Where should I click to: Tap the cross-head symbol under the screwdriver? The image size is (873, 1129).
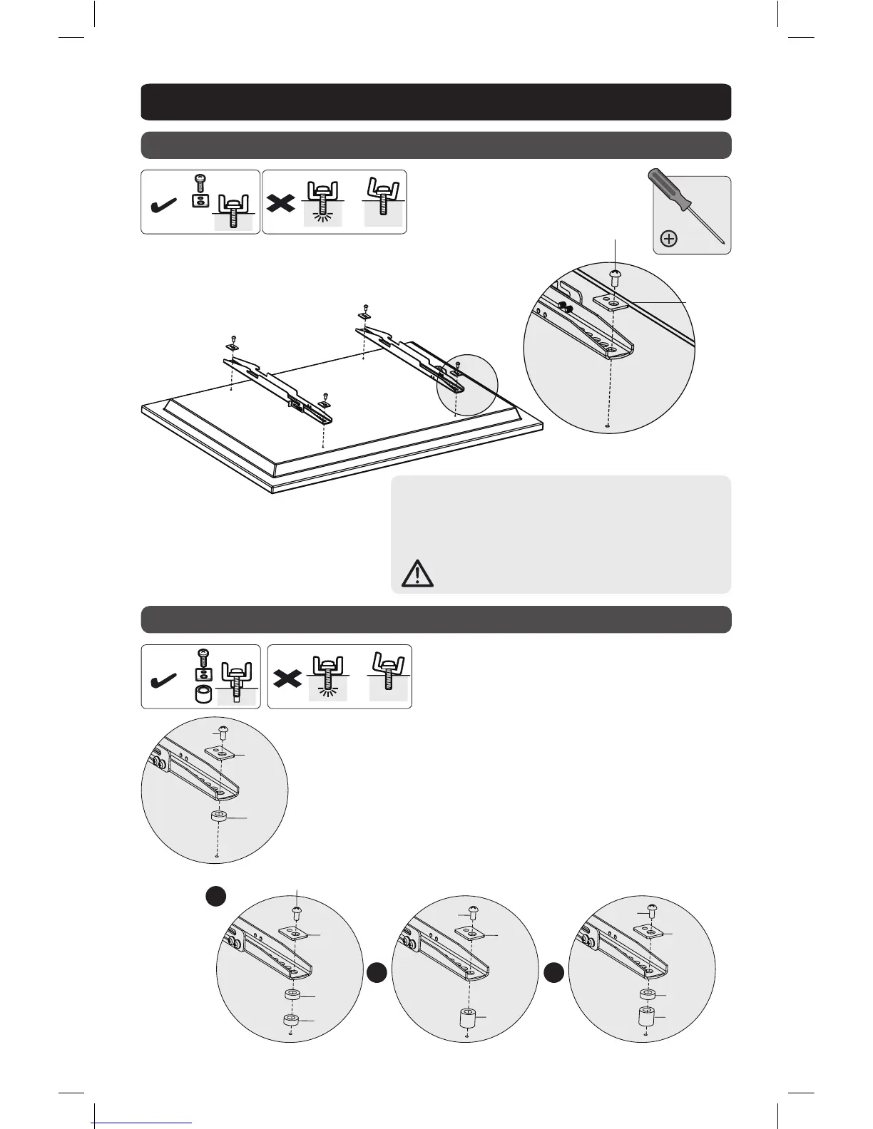click(x=669, y=239)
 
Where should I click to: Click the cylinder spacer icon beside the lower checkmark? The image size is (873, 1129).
click(x=203, y=696)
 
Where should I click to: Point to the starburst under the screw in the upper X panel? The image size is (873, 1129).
click(x=323, y=217)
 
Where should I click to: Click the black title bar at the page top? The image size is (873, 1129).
click(x=436, y=102)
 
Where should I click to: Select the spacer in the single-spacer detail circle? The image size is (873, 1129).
click(x=218, y=818)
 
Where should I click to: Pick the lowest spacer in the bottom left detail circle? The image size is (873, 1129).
click(x=290, y=1021)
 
